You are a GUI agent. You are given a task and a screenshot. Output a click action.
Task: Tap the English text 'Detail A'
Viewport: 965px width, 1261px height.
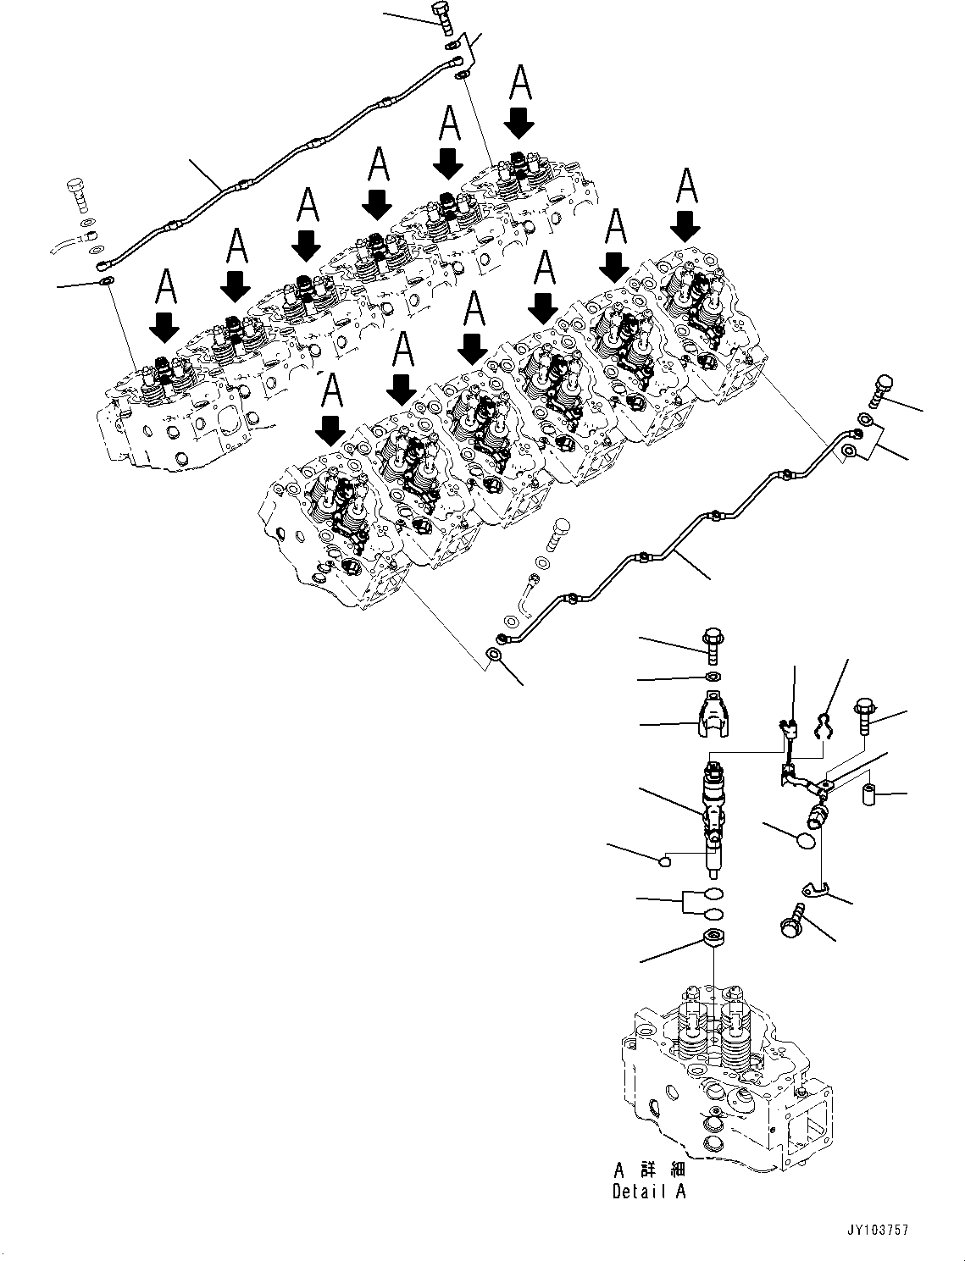(x=649, y=1192)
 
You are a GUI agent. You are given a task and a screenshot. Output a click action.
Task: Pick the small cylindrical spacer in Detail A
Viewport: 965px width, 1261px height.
(x=868, y=795)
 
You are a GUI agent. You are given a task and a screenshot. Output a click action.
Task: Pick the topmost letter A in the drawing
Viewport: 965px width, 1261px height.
(x=520, y=85)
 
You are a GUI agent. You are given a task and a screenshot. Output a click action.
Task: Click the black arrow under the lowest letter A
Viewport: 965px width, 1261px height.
(x=331, y=431)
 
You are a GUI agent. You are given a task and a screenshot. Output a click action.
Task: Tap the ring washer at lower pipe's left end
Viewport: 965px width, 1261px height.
(x=493, y=655)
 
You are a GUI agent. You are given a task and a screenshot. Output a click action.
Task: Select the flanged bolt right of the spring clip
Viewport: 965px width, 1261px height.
(x=866, y=716)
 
